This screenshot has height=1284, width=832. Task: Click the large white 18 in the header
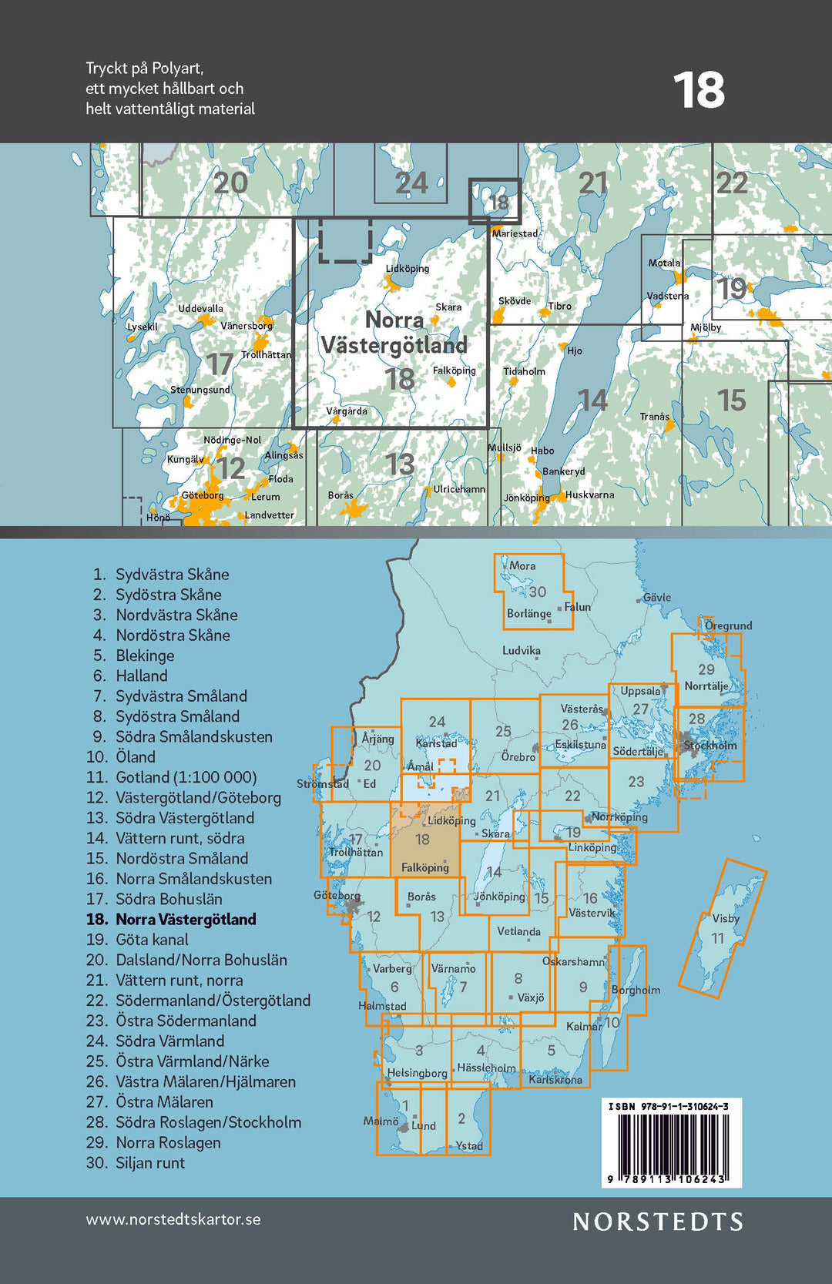point(699,91)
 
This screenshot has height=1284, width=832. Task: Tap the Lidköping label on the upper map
point(408,269)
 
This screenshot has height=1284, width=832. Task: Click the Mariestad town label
point(515,233)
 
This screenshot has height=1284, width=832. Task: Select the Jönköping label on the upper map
point(526,498)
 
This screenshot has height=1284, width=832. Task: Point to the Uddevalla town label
point(200,309)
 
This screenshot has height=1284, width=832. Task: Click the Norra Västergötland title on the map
point(394,333)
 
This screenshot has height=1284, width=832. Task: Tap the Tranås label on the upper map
point(655,417)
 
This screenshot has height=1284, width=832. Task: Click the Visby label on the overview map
point(726,918)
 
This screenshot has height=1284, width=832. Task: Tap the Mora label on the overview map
point(522,565)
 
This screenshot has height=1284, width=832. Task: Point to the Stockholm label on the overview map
point(710,745)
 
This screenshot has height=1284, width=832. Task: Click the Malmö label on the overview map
point(381,1121)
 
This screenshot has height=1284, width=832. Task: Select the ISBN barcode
point(672,1144)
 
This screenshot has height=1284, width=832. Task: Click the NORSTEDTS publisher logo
point(658,1222)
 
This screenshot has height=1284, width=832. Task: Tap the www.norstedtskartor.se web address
point(173,1220)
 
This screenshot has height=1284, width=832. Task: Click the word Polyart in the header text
point(177,68)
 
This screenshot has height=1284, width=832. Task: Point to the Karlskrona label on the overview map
point(555,1079)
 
